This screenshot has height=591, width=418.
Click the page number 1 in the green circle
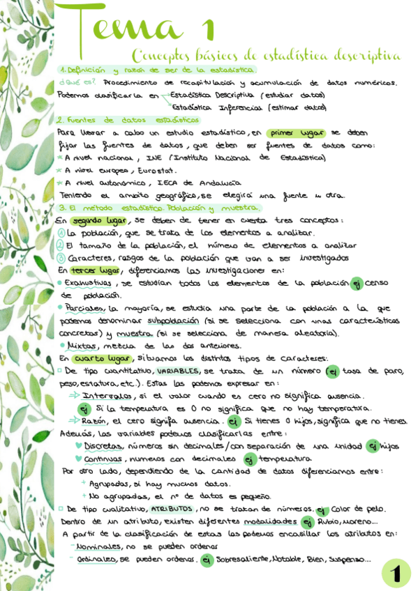pyautogui.click(x=396, y=573)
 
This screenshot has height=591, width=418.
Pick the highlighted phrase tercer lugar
pyautogui.click(x=95, y=270)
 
